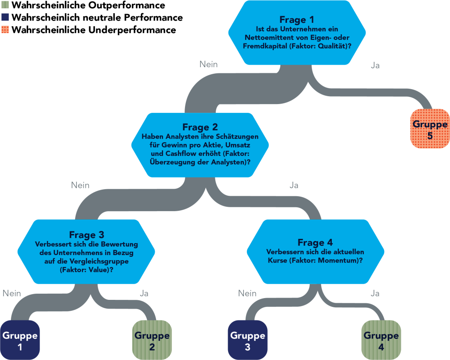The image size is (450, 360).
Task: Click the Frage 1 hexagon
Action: tap(297, 32)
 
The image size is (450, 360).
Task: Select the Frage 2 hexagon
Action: tap(200, 145)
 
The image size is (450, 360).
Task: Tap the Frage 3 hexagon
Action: tap(87, 252)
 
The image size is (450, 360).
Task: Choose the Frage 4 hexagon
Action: tap(316, 252)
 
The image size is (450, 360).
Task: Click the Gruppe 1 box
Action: tap(20, 340)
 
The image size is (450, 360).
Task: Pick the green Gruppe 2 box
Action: tap(152, 340)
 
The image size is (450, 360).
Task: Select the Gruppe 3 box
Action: tap(248, 340)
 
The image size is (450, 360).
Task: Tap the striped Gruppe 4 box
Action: tap(381, 340)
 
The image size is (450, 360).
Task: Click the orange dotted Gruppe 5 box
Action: tap(430, 129)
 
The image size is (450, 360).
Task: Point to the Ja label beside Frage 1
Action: tap(375, 65)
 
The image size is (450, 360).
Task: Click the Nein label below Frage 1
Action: tap(209, 64)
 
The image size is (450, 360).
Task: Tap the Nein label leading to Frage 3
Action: tap(80, 185)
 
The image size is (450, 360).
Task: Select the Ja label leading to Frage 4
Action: tap(294, 185)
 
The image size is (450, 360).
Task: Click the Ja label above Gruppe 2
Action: tap(144, 293)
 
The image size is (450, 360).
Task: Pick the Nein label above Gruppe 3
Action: tap(247, 293)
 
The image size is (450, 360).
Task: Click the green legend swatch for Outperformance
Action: tap(5, 5)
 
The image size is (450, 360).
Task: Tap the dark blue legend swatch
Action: tap(5, 17)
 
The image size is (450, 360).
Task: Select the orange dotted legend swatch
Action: tap(5, 29)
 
